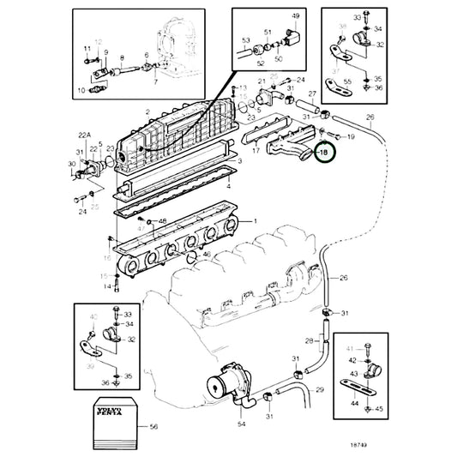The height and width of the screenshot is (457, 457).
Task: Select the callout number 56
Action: pos(153,426)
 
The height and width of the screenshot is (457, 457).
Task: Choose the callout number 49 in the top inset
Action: pos(297,16)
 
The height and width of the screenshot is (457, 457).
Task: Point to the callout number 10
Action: pos(82,88)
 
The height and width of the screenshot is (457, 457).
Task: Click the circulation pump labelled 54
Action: pos(226,378)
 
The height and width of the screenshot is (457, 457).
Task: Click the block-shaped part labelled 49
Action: pos(295,39)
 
